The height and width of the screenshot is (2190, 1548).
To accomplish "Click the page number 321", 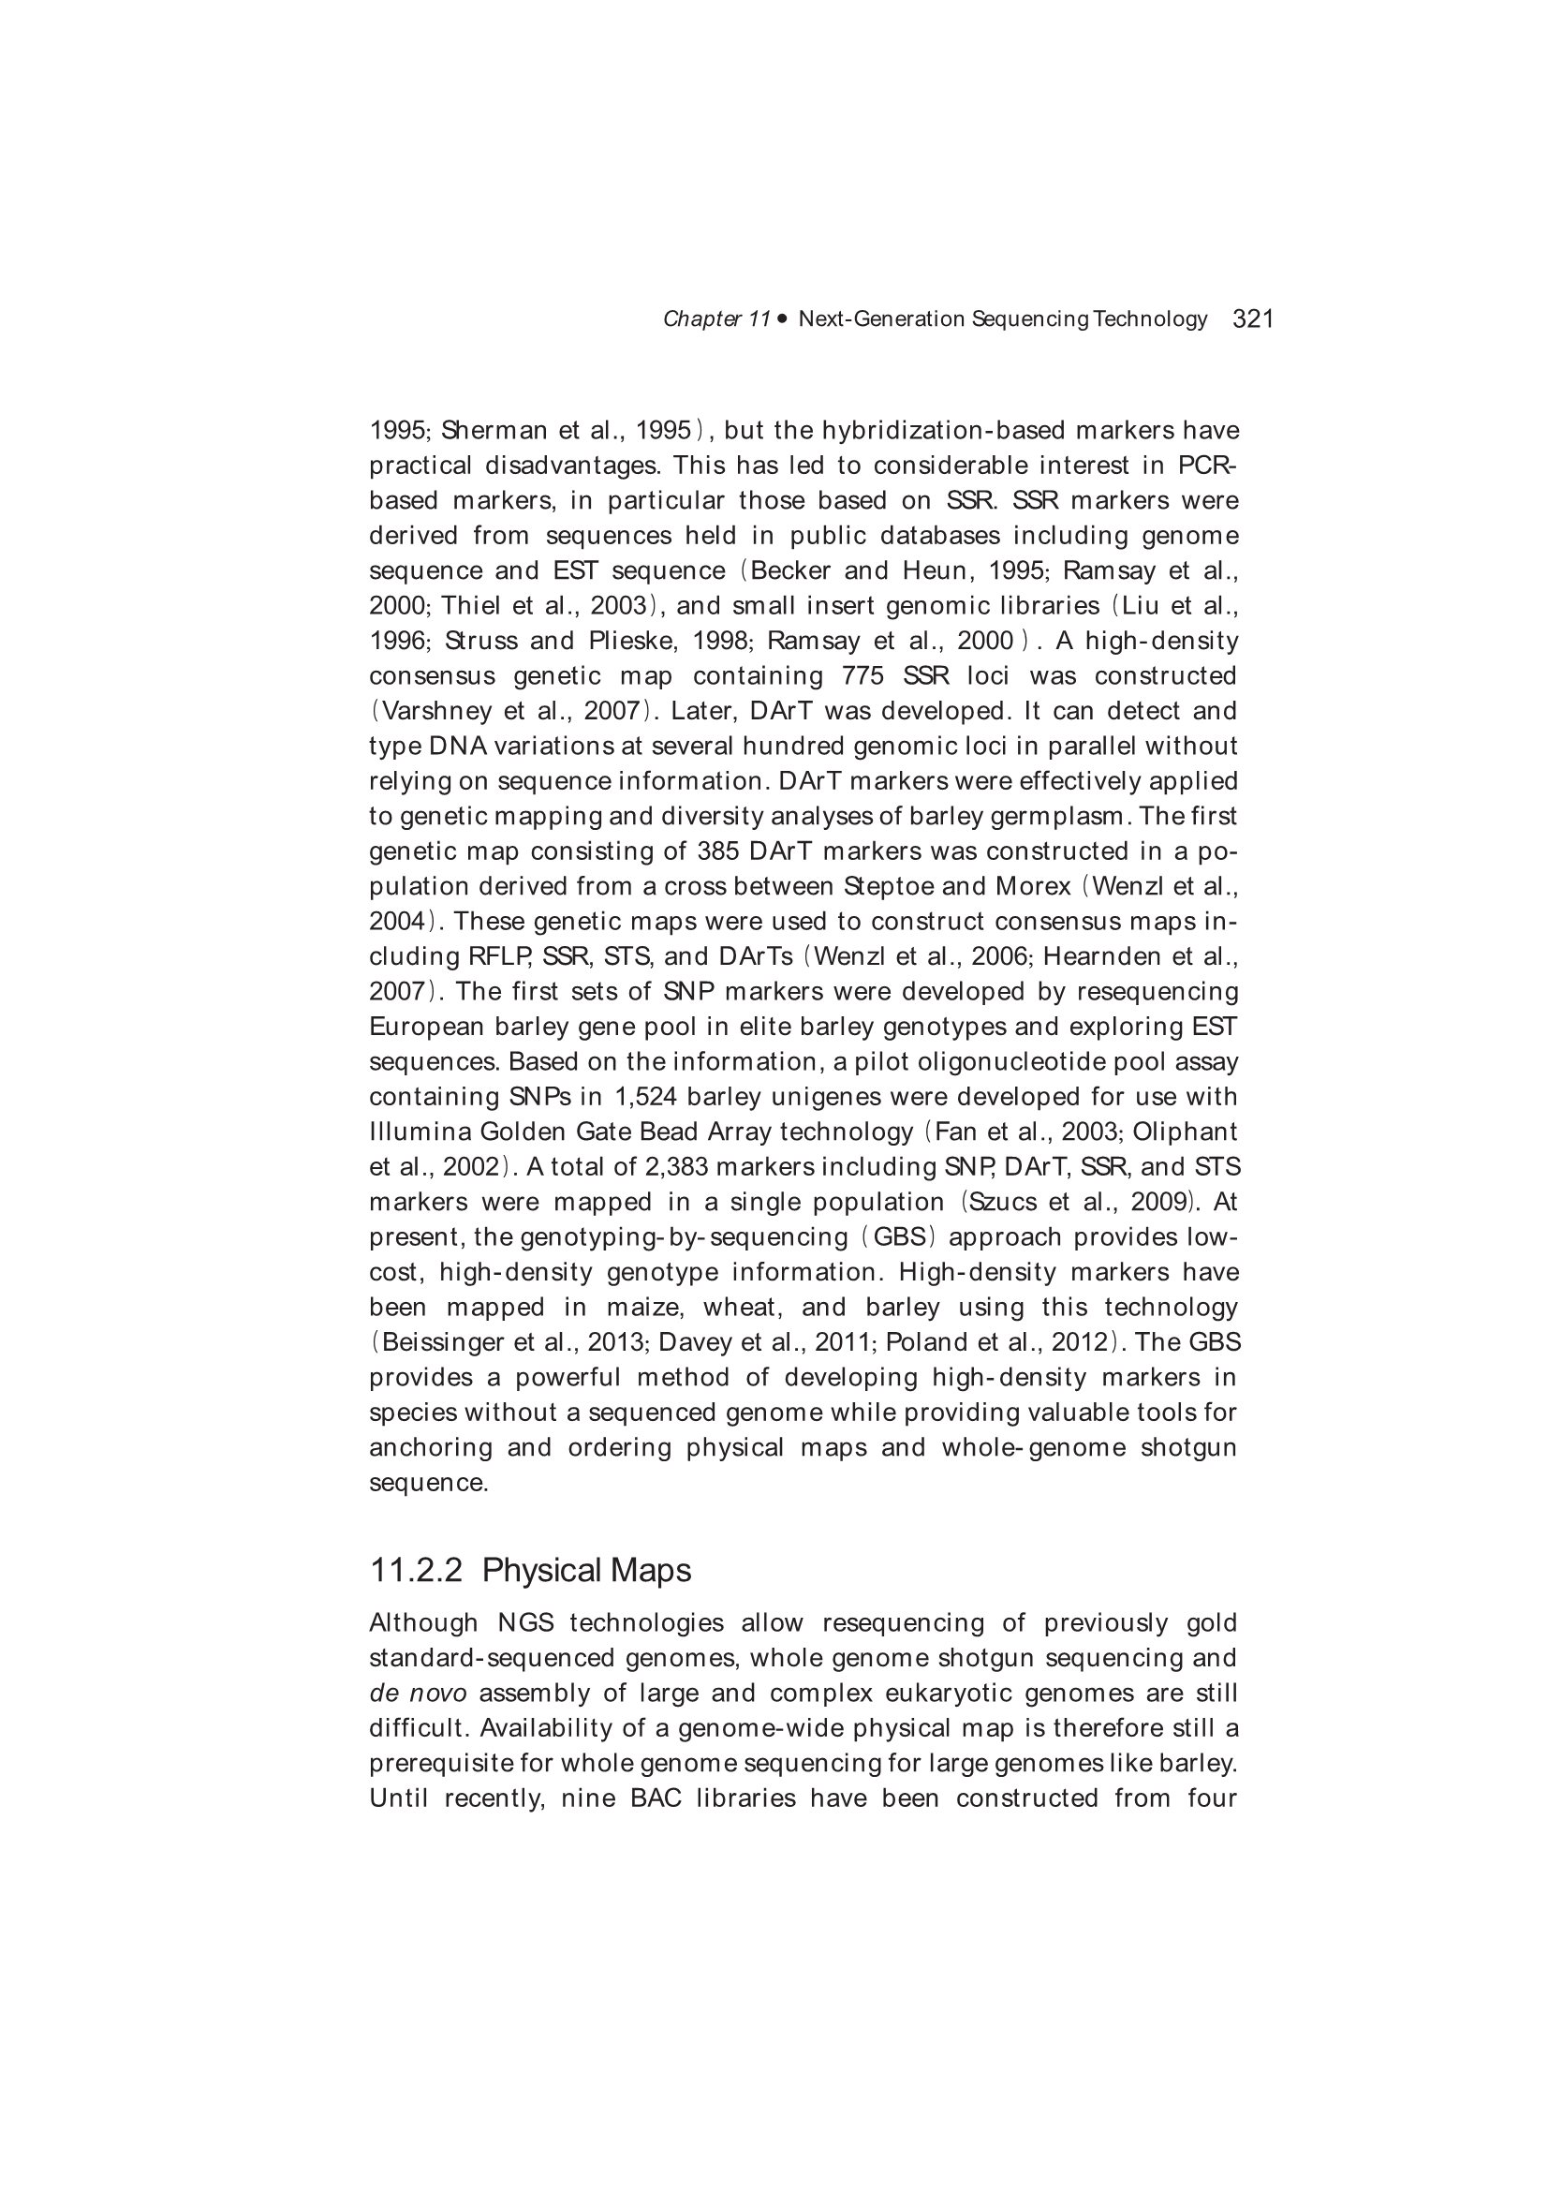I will (1253, 318).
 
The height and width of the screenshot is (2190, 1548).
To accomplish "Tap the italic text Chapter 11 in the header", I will (716, 318).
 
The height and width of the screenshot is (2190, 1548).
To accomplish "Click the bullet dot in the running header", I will (783, 318).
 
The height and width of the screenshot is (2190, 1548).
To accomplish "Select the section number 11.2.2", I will (416, 1570).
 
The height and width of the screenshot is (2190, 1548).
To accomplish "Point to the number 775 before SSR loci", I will (862, 675).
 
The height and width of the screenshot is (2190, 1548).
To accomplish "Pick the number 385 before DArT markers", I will (718, 851).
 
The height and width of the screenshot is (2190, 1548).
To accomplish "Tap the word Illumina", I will (420, 1132).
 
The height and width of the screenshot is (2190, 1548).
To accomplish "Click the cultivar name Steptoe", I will (887, 886).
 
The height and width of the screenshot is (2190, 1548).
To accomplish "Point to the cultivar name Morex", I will (1033, 886).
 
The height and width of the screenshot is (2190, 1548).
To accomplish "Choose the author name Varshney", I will (426, 711).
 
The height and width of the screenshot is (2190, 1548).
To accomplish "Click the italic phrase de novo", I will (418, 1693).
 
